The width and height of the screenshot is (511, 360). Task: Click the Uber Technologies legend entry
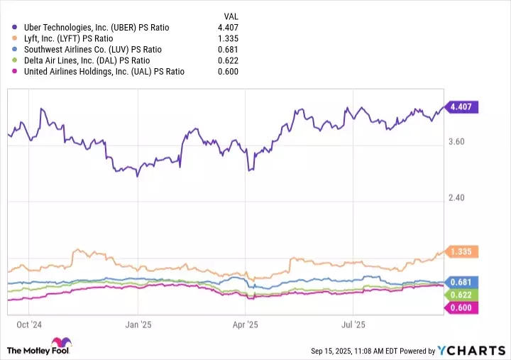click(x=97, y=28)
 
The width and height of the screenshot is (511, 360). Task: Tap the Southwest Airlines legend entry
click(x=93, y=50)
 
